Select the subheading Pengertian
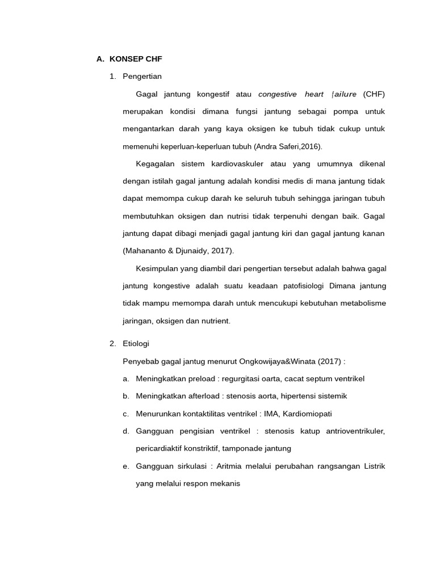pos(142,76)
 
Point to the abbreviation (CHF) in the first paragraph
pos(374,94)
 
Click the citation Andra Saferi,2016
pos(287,146)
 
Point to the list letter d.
pos(125,431)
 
